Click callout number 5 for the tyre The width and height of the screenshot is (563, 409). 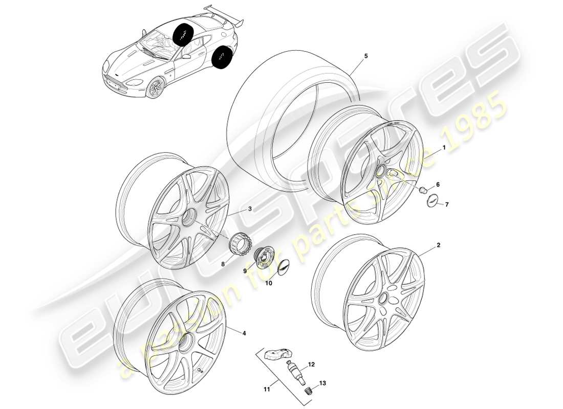pos(366,56)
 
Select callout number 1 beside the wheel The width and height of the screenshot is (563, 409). pos(444,147)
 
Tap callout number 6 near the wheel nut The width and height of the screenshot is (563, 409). pos(438,184)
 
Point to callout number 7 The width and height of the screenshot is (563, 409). pos(446,204)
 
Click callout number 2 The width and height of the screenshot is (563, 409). pos(438,245)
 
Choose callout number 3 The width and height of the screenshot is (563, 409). pos(249,209)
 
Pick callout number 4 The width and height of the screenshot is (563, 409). pos(244,333)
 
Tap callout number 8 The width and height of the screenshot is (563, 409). pos(223,265)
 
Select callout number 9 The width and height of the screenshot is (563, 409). pos(245,271)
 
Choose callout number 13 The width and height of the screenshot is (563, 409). pos(322,383)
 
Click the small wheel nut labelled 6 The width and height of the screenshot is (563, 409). pos(423,191)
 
